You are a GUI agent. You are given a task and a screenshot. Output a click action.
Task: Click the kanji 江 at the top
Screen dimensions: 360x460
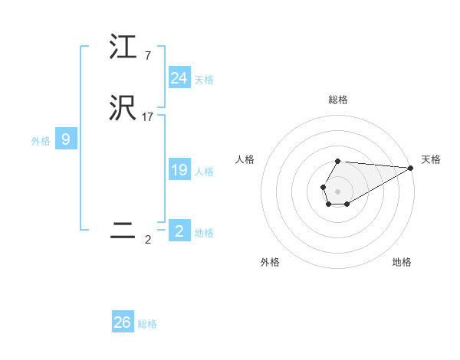coord(123,47)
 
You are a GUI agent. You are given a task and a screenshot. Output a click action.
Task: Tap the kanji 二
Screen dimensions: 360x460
coord(123,232)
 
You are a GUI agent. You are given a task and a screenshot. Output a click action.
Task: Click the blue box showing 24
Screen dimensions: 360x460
coord(179,78)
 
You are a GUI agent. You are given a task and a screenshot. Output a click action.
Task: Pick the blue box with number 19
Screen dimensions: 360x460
coord(179,171)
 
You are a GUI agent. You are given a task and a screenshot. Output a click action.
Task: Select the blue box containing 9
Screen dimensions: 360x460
coord(66,139)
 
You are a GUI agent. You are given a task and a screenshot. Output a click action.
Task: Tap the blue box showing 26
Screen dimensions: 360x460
coord(123,322)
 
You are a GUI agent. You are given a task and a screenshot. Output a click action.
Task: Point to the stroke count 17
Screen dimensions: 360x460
coord(148,117)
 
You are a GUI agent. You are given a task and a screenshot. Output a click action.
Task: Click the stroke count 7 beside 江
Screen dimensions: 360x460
coord(147,55)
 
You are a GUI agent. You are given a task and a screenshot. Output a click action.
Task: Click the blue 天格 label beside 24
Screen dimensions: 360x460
coord(204,79)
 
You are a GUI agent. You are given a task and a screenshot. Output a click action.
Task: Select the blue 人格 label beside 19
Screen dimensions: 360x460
coord(204,172)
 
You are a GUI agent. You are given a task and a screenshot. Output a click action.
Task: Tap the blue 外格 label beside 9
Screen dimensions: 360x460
coord(41,140)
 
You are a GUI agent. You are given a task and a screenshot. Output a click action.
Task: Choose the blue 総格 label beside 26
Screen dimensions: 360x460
coord(147,324)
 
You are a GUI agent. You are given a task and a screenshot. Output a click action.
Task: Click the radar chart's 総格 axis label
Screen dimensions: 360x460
coord(338,100)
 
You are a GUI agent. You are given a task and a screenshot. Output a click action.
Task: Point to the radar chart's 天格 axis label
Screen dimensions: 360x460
coord(431,159)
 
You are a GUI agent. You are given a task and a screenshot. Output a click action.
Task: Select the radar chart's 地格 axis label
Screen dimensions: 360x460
coord(402,262)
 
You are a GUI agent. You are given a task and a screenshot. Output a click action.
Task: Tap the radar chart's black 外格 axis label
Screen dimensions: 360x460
coord(270,262)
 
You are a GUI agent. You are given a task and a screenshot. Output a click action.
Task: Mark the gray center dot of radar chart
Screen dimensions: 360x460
coord(338,191)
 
